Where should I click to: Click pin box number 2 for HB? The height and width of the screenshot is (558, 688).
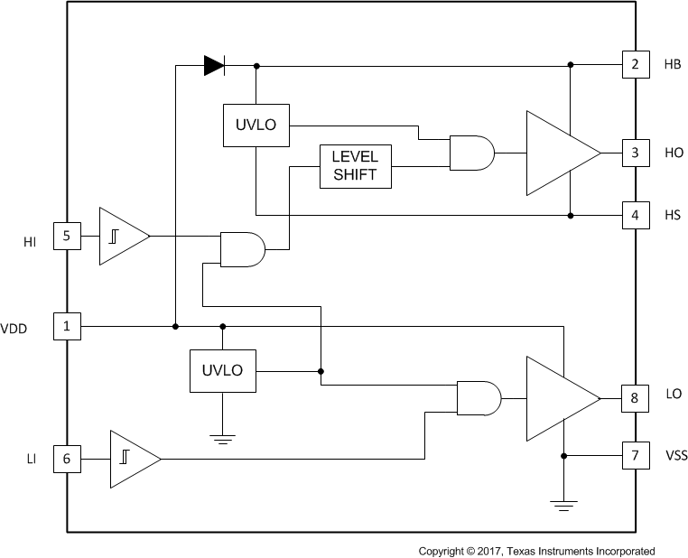pyautogui.click(x=636, y=65)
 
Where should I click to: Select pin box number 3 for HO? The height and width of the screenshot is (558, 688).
pyautogui.click(x=636, y=153)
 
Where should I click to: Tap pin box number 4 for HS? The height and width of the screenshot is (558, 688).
pyautogui.click(x=636, y=216)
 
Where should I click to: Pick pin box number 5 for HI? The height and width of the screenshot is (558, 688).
pyautogui.click(x=67, y=237)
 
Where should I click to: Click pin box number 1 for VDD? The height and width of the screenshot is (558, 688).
pyautogui.click(x=67, y=326)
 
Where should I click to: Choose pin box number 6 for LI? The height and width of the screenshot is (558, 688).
pyautogui.click(x=67, y=459)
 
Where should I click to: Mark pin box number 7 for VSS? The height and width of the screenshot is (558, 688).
pyautogui.click(x=636, y=455)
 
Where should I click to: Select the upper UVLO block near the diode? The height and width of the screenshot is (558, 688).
pyautogui.click(x=256, y=125)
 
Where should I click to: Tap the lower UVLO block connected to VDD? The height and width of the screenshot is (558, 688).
pyautogui.click(x=222, y=371)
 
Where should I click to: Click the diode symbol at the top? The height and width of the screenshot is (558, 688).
pyautogui.click(x=214, y=65)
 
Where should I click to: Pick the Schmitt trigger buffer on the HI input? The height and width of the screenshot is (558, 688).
pyautogui.click(x=121, y=237)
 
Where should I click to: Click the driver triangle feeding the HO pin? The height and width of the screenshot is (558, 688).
pyautogui.click(x=558, y=153)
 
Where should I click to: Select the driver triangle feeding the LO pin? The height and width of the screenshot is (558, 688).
pyautogui.click(x=558, y=398)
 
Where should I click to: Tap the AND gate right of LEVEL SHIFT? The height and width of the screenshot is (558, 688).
pyautogui.click(x=471, y=153)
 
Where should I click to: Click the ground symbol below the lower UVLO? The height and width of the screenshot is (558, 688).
pyautogui.click(x=222, y=439)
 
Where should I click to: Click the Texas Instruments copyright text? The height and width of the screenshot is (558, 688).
pyautogui.click(x=536, y=550)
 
